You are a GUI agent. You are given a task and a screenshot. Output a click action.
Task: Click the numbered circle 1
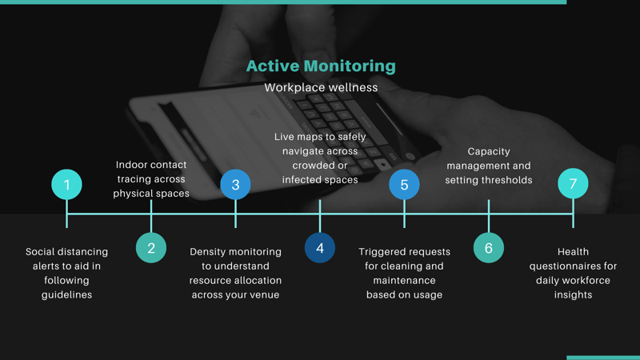tap(66, 185)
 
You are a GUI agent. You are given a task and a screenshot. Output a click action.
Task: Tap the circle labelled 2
tap(151, 248)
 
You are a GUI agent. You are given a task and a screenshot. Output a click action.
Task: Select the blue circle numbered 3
tap(235, 185)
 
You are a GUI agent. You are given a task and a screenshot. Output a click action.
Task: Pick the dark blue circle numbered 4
tap(320, 248)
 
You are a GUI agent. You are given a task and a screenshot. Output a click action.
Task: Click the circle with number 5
tap(404, 185)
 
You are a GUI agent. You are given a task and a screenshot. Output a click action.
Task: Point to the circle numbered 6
tap(489, 248)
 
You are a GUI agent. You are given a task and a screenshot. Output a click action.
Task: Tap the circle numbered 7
tap(573, 183)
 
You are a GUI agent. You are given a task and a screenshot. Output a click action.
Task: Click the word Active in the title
tap(273, 66)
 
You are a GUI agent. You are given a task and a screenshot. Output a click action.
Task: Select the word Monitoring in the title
tap(350, 67)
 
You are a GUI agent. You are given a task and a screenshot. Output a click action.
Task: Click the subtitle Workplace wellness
tap(321, 87)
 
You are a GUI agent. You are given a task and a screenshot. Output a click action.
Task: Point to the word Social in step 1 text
tap(39, 252)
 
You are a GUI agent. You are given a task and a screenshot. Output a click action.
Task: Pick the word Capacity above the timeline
tap(489, 152)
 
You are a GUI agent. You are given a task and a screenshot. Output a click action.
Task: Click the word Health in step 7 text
tap(573, 252)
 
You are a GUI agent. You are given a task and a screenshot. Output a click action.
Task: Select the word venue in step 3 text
tap(266, 295)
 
